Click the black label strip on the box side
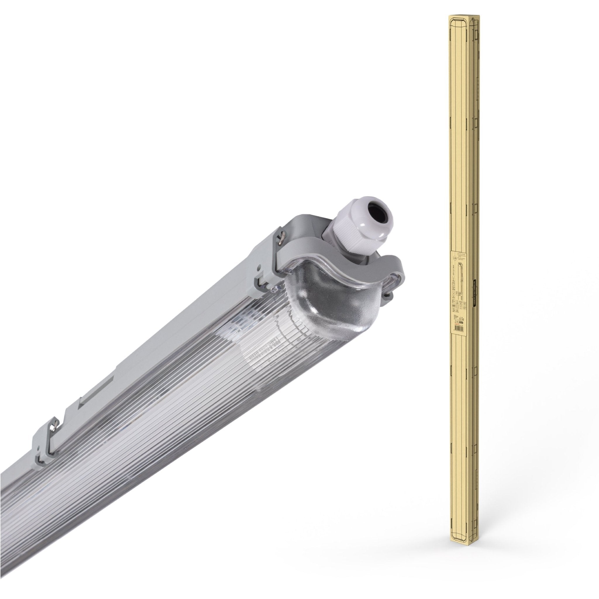click(x=475, y=293)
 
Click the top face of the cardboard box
click(x=464, y=16)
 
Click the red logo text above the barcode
click(x=457, y=324)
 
